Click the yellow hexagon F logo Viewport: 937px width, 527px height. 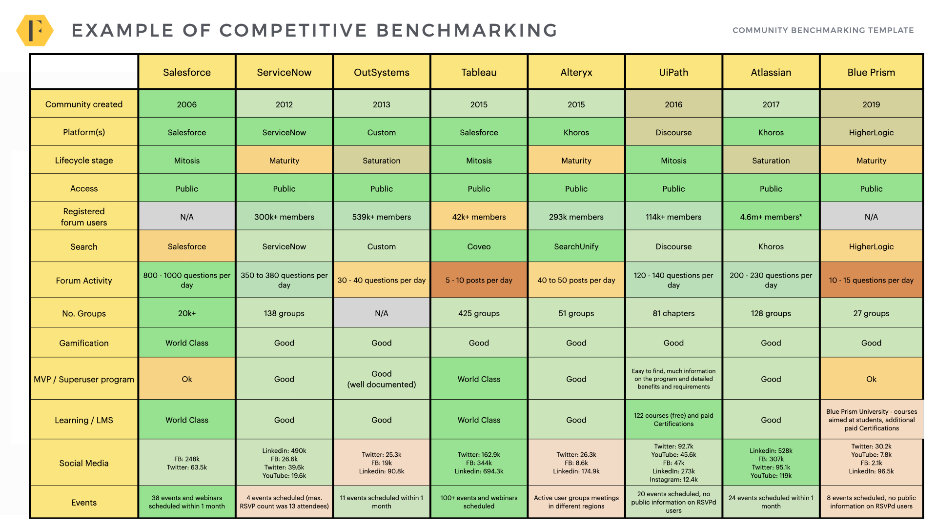pos(35,30)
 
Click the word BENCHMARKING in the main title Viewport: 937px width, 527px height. pos(467,30)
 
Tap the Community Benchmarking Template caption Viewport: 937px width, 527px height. pos(823,30)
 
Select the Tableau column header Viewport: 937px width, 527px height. pos(479,72)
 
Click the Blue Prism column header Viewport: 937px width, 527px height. pos(871,72)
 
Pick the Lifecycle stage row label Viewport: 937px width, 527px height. pos(84,161)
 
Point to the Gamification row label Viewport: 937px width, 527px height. pos(84,343)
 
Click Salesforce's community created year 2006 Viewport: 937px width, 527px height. pos(187,104)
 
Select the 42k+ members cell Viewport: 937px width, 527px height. pos(479,217)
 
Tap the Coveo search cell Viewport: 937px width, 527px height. pos(479,246)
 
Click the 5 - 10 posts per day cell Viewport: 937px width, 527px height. pos(479,280)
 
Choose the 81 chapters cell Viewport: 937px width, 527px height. pos(673,313)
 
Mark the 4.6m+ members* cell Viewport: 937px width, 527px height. pos(771,217)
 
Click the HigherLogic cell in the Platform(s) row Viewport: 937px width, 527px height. pos(871,132)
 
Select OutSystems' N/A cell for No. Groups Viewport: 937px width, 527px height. pos(382,313)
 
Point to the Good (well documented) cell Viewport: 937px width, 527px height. pos(382,379)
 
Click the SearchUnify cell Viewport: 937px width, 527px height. pos(576,246)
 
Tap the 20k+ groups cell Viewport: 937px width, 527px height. pos(187,313)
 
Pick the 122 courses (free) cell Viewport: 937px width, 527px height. pos(673,420)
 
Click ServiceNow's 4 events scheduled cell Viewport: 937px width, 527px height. pos(284,502)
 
